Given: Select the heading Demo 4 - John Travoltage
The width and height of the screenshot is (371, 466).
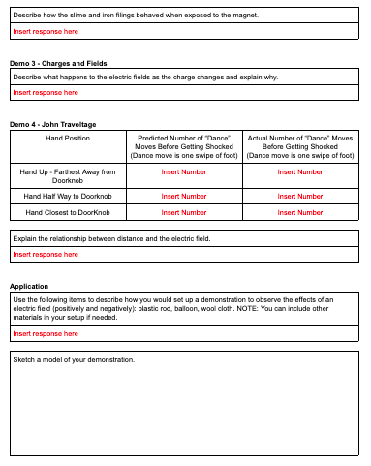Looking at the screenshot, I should pos(52,124).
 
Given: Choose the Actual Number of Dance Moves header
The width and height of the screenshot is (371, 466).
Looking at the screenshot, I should pos(300,146).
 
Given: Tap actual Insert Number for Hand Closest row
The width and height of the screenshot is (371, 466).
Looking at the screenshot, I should pos(300,212).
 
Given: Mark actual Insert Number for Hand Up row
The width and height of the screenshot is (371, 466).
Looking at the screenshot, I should pos(300,171).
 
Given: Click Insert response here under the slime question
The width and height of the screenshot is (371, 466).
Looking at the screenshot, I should pos(46,31).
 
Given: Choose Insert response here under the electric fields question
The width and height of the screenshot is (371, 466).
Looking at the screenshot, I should pos(46,92).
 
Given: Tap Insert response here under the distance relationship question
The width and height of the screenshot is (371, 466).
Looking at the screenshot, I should pos(46,255).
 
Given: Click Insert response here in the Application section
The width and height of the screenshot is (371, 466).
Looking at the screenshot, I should pos(46,333).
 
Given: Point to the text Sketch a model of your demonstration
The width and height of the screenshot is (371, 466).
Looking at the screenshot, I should pos(74,360).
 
